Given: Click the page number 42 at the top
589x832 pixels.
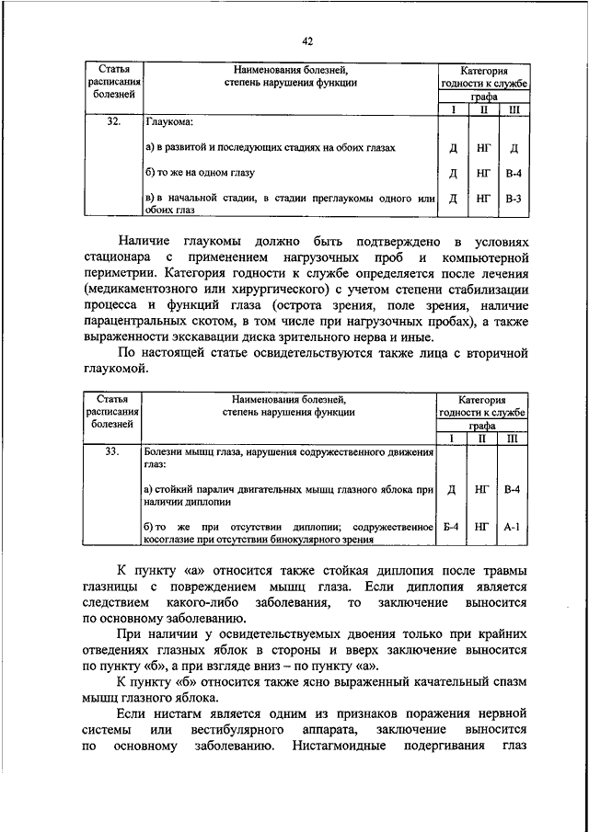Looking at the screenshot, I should click(308, 40).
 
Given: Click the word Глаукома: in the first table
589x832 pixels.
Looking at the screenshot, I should click(168, 120).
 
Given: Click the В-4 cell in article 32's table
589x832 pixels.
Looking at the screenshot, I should click(514, 172).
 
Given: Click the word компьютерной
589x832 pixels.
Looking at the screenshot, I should click(484, 256).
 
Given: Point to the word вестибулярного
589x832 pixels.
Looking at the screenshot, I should click(235, 730).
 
